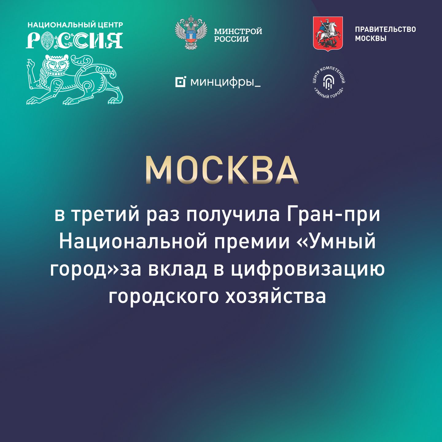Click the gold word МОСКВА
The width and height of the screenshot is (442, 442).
pyautogui.click(x=222, y=170)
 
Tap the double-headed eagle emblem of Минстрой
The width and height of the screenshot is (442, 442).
pyautogui.click(x=191, y=32)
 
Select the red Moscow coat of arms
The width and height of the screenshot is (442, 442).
pyautogui.click(x=328, y=33)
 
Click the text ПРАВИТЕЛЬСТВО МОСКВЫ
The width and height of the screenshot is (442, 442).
pyautogui.click(x=385, y=34)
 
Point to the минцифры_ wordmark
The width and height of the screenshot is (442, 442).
pyautogui.click(x=226, y=82)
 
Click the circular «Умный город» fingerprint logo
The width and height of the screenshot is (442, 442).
pyautogui.click(x=329, y=82)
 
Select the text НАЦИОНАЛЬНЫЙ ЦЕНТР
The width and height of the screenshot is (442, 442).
pyautogui.click(x=75, y=25)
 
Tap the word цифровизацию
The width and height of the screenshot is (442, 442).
pyautogui.click(x=308, y=270)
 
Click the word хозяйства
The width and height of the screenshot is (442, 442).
pyautogui.click(x=275, y=297)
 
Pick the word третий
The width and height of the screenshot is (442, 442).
pyautogui.click(x=105, y=215)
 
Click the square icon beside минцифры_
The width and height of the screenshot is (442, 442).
pyautogui.click(x=180, y=82)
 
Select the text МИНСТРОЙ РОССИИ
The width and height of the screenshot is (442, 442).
pyautogui.click(x=238, y=35)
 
